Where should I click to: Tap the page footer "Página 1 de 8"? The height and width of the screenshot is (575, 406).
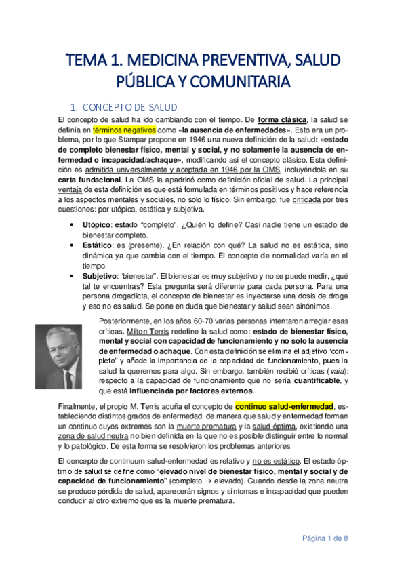coord(325,538)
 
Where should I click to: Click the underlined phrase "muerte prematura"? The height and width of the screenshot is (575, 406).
coord(203,426)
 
